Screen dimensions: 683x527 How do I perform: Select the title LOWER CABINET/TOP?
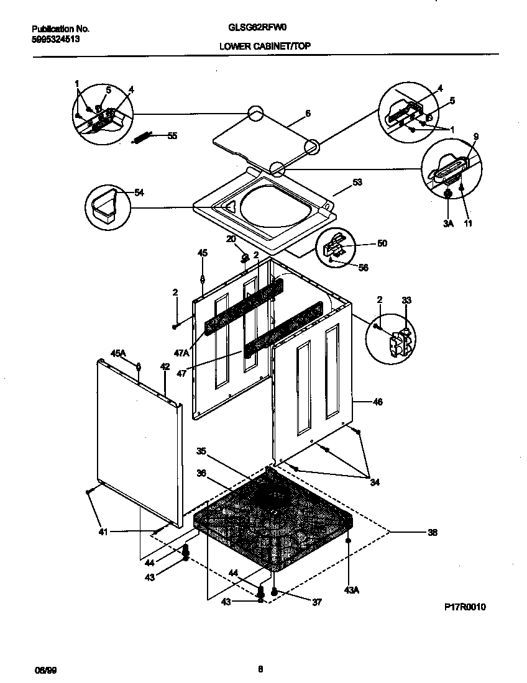click(x=265, y=47)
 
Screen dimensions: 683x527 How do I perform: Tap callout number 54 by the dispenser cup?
click(x=139, y=193)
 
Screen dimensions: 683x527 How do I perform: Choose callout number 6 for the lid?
click(x=308, y=114)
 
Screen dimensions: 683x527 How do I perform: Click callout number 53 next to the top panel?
click(x=357, y=183)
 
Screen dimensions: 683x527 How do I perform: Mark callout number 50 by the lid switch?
click(x=382, y=243)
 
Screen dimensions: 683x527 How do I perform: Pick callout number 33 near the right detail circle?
click(x=406, y=301)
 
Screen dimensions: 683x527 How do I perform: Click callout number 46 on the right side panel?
click(x=377, y=402)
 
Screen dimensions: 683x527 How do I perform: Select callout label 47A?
click(x=181, y=352)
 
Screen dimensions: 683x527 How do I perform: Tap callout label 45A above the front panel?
click(x=118, y=353)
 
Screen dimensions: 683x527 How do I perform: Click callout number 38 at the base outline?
click(x=433, y=531)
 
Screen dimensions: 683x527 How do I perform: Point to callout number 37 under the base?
click(x=316, y=602)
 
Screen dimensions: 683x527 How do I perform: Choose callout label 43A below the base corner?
click(x=351, y=590)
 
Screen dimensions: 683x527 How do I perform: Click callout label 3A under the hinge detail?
click(x=449, y=223)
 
